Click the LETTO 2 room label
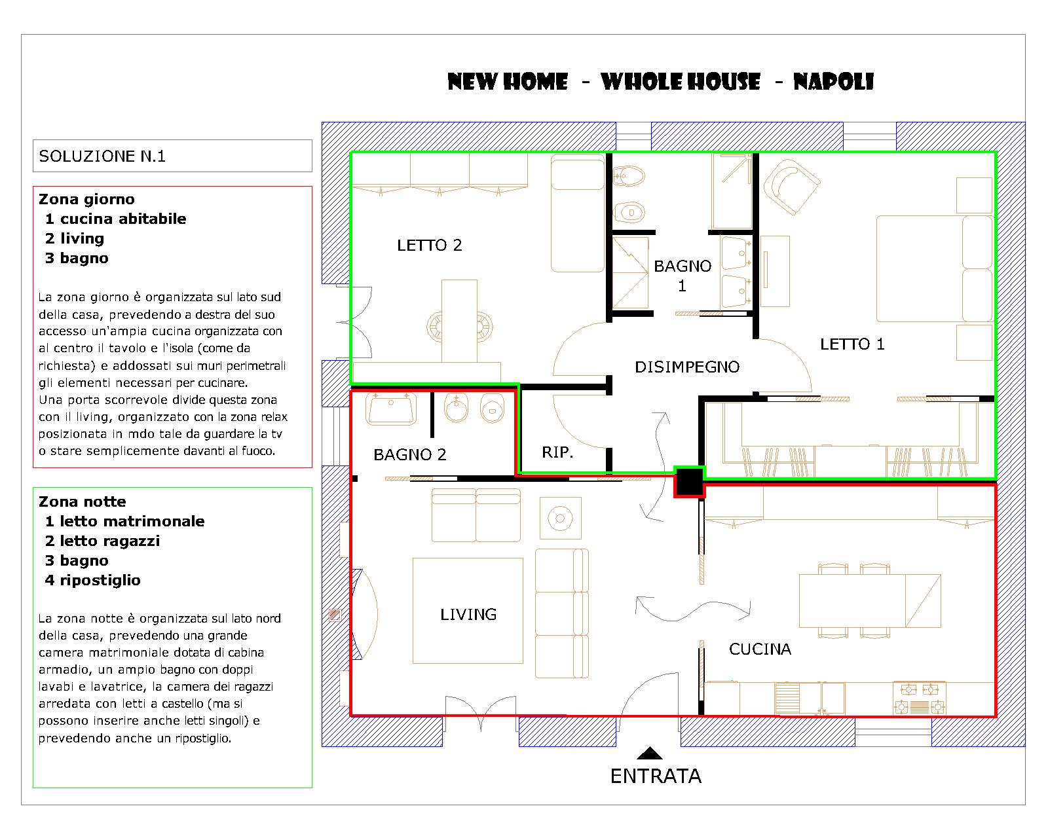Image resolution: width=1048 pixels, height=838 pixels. coord(429,245)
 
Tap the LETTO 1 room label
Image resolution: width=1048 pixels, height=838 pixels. coord(852,344)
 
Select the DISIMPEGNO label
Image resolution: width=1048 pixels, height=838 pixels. coord(687,367)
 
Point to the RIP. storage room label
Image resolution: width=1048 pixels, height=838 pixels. coord(557,452)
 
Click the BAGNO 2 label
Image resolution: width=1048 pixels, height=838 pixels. coord(409,455)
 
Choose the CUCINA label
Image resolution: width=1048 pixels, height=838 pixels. coord(760,649)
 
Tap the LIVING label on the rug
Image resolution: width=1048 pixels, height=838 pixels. coord(468,615)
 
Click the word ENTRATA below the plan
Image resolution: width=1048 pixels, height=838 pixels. coord(656,776)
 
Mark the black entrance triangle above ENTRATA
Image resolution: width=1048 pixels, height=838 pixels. coord(650,754)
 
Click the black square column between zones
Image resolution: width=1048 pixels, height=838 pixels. coord(689,482)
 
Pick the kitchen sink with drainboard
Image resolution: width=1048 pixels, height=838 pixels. coord(809,698)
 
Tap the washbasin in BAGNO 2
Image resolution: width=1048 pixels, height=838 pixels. coord(391,408)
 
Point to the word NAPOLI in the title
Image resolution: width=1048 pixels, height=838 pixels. coord(833,82)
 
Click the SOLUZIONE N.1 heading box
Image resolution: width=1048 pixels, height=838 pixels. coord(172,156)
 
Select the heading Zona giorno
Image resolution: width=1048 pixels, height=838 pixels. coord(86,199)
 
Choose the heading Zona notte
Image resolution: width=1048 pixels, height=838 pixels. coord(83,501)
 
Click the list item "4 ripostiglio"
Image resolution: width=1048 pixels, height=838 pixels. coord(92,581)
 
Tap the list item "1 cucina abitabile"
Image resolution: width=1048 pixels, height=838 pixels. coord(115,219)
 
